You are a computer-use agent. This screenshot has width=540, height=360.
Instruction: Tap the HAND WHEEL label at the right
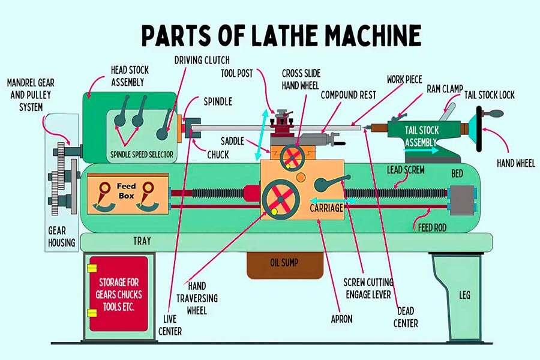[x=517, y=163]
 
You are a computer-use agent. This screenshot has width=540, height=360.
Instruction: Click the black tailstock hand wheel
[x=481, y=130]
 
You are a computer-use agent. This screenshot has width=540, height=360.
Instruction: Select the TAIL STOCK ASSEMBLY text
[x=422, y=136]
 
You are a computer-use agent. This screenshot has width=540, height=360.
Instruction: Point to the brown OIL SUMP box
[x=280, y=263]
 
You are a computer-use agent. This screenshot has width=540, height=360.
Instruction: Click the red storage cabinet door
[x=118, y=293]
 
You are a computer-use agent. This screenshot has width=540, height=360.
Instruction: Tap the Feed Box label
[x=127, y=187]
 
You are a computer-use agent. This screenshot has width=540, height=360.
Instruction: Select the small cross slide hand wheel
[x=292, y=157]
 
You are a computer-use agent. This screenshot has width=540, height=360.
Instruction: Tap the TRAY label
[x=142, y=242]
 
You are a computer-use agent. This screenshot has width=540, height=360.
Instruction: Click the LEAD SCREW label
[x=406, y=170]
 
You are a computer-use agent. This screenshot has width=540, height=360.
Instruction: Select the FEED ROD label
[x=431, y=228]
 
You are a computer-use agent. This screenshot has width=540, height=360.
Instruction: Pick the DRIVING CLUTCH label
[x=202, y=61]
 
